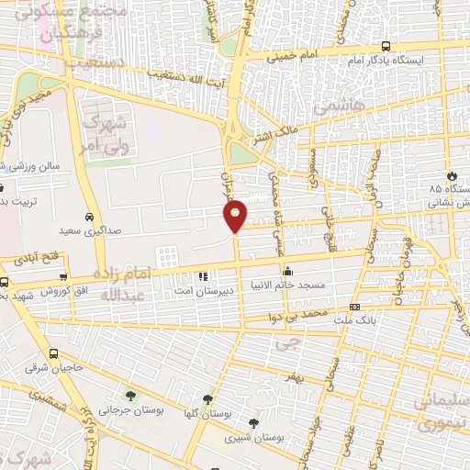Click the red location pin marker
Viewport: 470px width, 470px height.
(x=236, y=215)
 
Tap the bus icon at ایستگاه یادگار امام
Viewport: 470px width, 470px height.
(x=386, y=45)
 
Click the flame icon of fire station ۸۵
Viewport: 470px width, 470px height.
(x=450, y=176)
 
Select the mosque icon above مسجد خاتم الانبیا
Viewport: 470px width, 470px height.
(x=288, y=271)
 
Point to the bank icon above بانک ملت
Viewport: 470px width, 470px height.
(x=354, y=307)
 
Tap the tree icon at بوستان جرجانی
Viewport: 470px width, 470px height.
(x=130, y=397)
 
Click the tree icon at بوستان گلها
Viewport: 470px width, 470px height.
(x=208, y=399)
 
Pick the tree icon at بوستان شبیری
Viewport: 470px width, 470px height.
(x=253, y=423)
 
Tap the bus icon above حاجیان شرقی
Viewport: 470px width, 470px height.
(x=54, y=353)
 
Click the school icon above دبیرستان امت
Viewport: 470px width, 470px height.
(x=203, y=274)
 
